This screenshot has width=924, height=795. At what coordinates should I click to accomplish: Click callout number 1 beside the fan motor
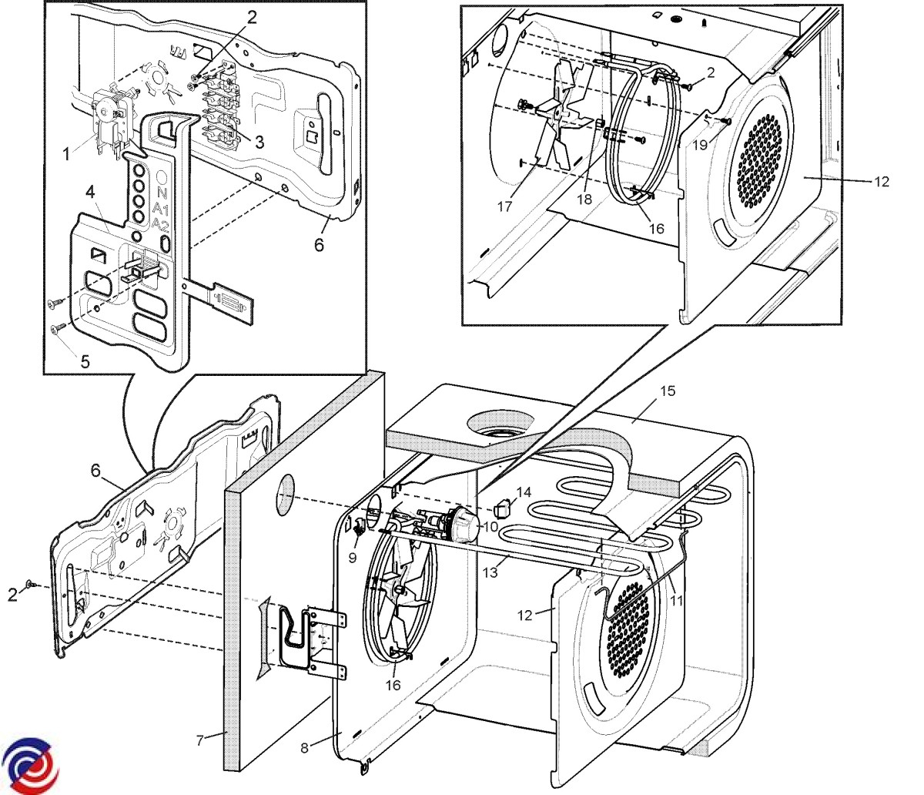pos(67,155)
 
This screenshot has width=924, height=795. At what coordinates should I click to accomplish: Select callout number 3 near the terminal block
pos(259,142)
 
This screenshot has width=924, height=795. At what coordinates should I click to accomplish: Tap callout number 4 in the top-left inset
pos(91,192)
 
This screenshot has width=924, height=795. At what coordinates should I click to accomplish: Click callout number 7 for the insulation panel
pos(199,741)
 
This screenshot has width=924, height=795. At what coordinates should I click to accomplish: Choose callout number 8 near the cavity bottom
pos(305,747)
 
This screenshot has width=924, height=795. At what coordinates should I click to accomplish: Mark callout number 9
pos(353,557)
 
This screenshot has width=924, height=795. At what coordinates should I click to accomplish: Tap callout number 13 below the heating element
pos(490,572)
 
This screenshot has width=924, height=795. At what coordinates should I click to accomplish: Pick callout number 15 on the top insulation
pos(667,391)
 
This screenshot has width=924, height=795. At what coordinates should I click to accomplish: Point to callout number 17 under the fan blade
pos(505,206)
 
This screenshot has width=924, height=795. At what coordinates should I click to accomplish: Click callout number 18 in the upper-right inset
pos(586,198)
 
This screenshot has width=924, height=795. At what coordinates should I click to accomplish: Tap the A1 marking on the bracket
pos(161,209)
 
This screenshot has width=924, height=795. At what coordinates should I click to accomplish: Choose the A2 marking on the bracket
pos(161,225)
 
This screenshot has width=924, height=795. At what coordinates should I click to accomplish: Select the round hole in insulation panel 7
pos(285,495)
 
